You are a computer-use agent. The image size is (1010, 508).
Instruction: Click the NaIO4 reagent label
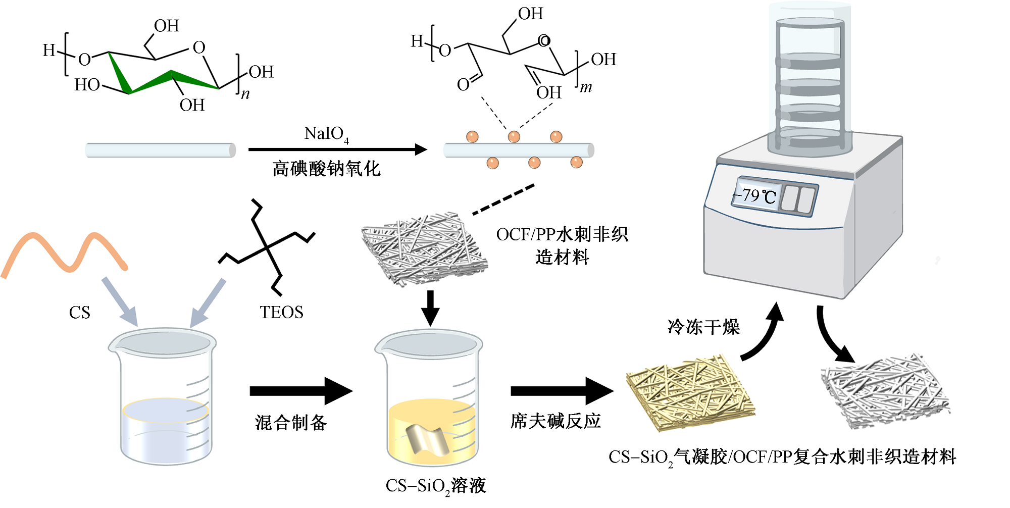[326, 134]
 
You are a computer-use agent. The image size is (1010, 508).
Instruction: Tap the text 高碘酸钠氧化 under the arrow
[326, 169]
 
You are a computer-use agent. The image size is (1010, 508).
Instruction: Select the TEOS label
[281, 312]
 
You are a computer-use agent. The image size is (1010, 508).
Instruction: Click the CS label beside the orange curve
[79, 313]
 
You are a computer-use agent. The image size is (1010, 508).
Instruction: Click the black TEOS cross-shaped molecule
[267, 247]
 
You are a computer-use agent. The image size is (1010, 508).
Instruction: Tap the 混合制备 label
[290, 422]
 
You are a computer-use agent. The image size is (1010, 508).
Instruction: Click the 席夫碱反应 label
[555, 421]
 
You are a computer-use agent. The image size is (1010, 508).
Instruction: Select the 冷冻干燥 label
[703, 327]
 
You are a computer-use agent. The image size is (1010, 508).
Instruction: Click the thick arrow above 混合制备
[300, 391]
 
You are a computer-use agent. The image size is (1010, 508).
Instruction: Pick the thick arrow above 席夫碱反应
[562, 391]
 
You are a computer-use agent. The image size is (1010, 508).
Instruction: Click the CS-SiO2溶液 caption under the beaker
[435, 486]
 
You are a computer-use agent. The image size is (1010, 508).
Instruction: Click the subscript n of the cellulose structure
[245, 94]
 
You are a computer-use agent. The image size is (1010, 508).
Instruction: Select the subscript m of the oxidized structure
[585, 87]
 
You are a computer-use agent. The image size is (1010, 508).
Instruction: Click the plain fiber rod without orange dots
[160, 150]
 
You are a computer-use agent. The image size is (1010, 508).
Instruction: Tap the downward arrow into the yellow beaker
[430, 308]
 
